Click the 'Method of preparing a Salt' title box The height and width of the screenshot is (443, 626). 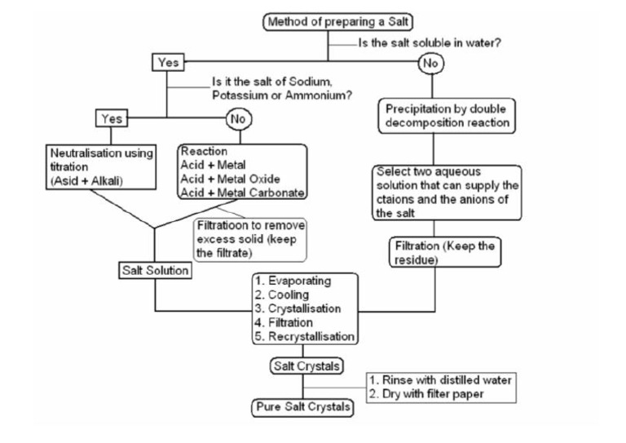pos(328,22)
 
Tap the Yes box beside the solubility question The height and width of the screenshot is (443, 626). pos(168,62)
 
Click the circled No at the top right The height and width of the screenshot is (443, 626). pos(431,62)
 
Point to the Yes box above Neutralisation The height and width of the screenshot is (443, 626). pos(112,119)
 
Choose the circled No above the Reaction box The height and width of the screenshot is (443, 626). pos(239,119)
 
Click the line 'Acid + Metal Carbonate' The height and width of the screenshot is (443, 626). pos(244,193)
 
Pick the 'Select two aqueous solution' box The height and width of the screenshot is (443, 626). pos(447,193)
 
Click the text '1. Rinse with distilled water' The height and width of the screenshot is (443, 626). pos(440,380)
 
